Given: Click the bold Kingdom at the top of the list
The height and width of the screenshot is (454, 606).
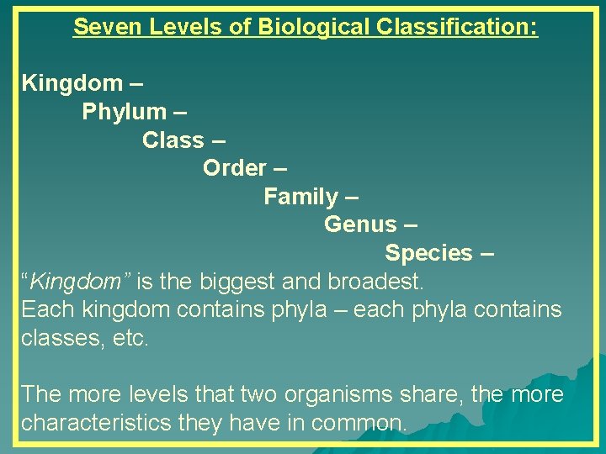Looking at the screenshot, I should (72, 83).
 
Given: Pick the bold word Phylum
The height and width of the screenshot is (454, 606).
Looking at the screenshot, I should (124, 112).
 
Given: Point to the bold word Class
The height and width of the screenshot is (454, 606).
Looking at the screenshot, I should (173, 140).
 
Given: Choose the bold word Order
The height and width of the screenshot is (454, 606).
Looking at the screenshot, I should (235, 168).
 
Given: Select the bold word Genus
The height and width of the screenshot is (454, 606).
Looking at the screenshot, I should (359, 224).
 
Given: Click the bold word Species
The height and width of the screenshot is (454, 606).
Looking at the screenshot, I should (428, 253).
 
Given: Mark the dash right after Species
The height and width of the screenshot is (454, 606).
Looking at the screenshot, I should (486, 253).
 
